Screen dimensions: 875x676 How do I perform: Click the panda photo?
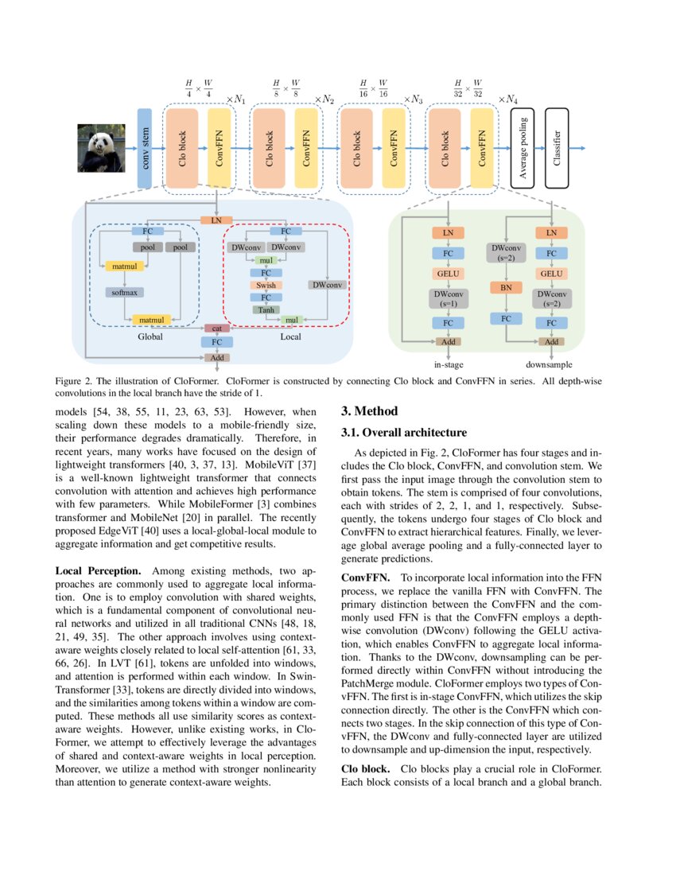pos(101,148)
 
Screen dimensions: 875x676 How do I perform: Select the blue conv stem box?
pos(145,148)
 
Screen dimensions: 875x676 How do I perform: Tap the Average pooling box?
pos(522,148)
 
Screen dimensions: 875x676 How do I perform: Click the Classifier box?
pos(558,148)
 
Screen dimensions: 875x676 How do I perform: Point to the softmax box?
pos(124,293)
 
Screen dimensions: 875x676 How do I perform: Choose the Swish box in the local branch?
pos(266,285)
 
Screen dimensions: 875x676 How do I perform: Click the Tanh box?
pos(266,309)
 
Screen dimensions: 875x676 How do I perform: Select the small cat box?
pos(216,329)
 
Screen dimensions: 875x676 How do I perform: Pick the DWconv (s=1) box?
pos(448,299)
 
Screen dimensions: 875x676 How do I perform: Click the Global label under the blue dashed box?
pos(150,337)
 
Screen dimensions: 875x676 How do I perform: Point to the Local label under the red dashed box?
pos(291,337)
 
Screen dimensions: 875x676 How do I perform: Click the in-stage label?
pos(449,364)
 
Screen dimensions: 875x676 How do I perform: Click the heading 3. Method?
pos(371,412)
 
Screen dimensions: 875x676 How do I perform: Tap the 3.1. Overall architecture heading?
pos(404,433)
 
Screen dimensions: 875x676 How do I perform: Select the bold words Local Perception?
pos(99,571)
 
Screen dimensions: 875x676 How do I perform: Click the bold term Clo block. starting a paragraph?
pos(365,769)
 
